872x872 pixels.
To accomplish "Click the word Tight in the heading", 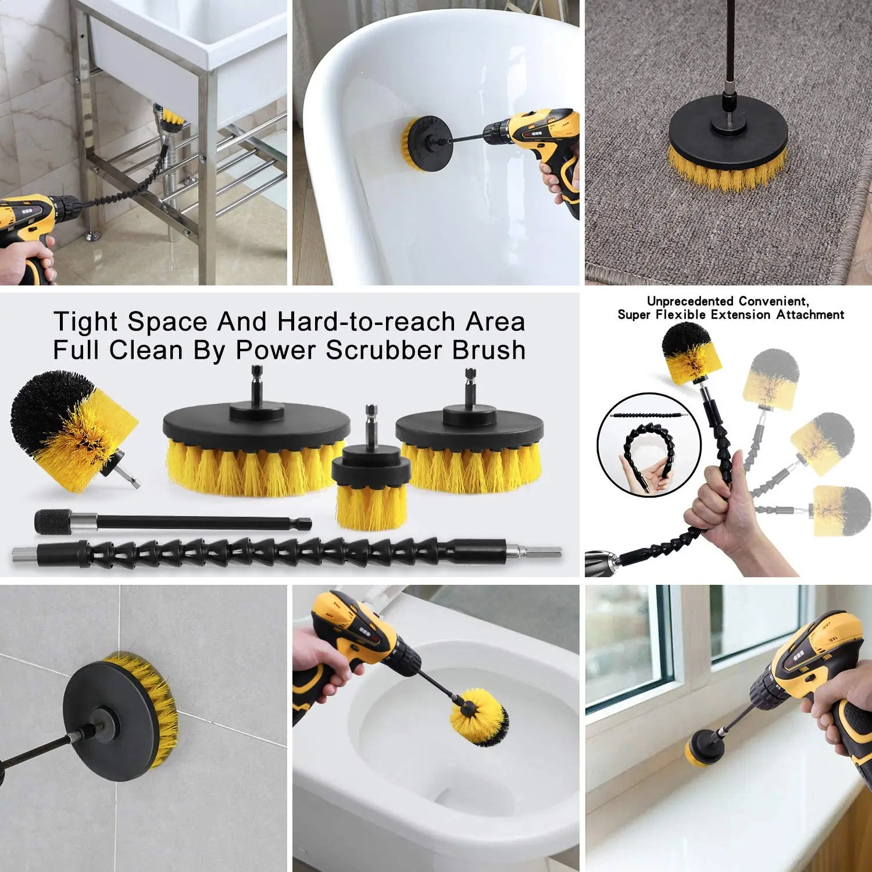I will (86, 322).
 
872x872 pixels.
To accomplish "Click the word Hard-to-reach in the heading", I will (366, 322).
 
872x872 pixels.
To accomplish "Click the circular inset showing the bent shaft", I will (649, 445).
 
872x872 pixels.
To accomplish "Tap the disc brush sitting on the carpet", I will (727, 151).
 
